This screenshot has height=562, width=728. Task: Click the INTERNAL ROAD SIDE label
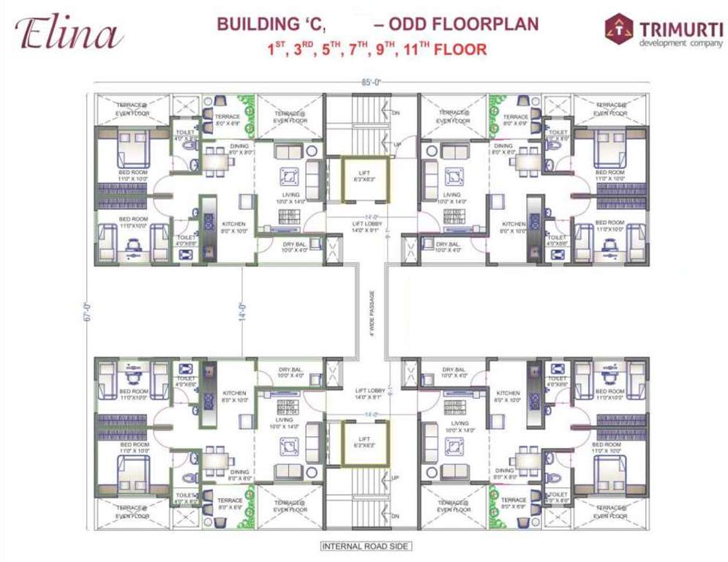(x=367, y=546)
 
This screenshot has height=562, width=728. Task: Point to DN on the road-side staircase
(x=396, y=516)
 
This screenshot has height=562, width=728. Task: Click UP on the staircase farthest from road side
(x=396, y=146)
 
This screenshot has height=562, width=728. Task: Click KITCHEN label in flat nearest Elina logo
(x=234, y=224)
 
